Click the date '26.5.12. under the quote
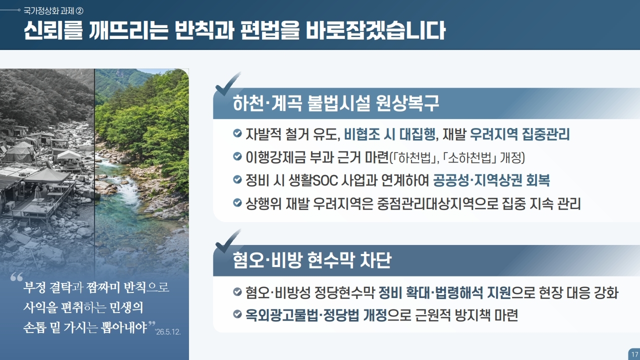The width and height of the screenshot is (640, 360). pos(167,332)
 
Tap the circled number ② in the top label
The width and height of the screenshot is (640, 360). pos(79,11)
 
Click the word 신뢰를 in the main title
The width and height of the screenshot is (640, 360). pos(53,30)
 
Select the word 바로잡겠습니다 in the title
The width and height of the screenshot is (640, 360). pos(375,30)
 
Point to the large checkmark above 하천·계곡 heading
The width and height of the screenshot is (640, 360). pos(227,83)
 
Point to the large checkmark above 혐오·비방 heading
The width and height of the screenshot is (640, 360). pos(227,241)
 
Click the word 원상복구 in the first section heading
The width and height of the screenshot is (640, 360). pos(407,103)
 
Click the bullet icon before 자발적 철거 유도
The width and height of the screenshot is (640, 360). pos(237,133)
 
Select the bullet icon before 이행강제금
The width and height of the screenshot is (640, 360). pos(237,156)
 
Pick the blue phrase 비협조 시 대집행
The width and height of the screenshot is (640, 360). pos(389,134)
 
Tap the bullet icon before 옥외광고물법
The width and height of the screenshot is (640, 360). pos(237,314)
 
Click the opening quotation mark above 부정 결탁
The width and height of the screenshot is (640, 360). pos(16,276)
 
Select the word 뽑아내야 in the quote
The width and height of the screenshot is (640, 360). pos(124,327)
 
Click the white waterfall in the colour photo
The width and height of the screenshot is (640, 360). pos(129,191)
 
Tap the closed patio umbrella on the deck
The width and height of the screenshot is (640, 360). pos(37,192)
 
